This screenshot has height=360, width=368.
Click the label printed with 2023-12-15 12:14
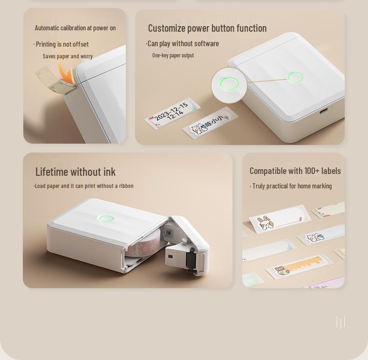click(x=172, y=113)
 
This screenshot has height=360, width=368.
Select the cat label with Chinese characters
click(x=210, y=123)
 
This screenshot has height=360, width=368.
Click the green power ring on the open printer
click(x=106, y=219)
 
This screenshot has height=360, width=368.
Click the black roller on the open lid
click(x=191, y=259)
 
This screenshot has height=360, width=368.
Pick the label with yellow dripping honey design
click(x=299, y=266)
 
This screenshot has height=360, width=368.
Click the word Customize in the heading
click(x=167, y=28)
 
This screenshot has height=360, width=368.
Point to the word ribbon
click(x=126, y=186)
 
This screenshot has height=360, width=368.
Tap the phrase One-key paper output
click(x=173, y=55)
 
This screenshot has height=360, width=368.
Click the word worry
click(x=86, y=56)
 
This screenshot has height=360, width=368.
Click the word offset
click(x=80, y=44)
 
